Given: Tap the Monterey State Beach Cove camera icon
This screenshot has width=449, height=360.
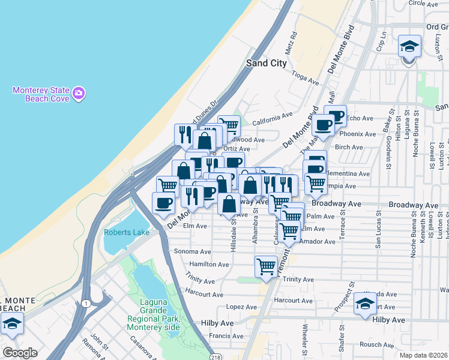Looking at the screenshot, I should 79,93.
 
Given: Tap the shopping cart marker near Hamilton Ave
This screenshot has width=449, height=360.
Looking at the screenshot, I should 266,266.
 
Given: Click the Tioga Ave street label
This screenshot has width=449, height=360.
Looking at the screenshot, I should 305,78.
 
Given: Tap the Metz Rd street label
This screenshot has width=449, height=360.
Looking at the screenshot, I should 291,43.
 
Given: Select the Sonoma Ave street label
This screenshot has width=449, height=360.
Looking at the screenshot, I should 192,252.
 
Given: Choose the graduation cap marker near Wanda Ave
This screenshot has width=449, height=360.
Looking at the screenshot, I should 364,304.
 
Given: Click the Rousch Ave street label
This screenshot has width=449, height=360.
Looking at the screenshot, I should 376,344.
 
